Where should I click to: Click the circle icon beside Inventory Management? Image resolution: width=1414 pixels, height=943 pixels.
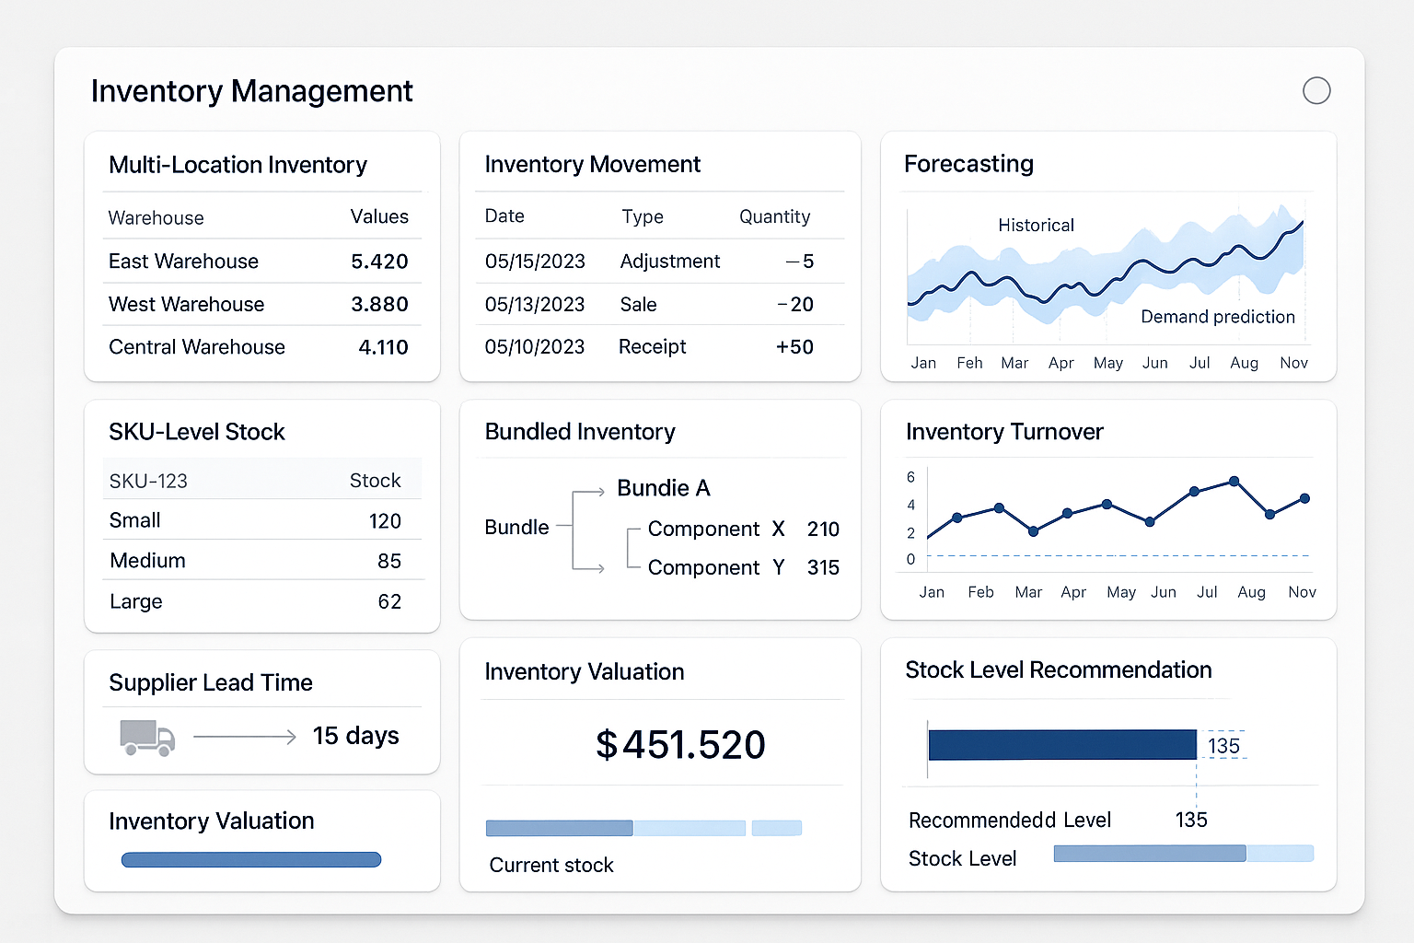(x=1316, y=90)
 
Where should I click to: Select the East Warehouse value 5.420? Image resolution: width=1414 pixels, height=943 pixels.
(x=379, y=262)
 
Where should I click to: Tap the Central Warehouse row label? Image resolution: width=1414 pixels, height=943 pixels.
(x=197, y=347)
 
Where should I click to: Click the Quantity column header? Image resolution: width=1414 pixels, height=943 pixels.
(x=774, y=216)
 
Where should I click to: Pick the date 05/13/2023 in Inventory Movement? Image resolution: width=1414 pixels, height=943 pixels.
(x=535, y=305)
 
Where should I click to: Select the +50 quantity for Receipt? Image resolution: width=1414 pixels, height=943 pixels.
(x=794, y=347)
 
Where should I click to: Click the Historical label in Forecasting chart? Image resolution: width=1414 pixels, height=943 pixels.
(x=1036, y=226)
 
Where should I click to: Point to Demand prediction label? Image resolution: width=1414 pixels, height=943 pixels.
(x=1217, y=317)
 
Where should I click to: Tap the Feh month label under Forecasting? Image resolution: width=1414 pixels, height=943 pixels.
(x=969, y=363)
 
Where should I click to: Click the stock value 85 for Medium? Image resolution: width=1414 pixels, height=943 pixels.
(x=388, y=561)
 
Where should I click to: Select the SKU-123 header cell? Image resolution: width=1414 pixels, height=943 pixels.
(x=148, y=481)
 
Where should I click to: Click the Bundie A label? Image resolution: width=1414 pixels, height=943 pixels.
(x=663, y=488)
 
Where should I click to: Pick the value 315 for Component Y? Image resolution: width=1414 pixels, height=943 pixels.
(x=822, y=568)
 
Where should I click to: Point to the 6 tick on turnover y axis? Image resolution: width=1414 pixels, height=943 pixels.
(x=910, y=477)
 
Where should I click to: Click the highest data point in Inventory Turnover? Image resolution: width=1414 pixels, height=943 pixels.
(x=1234, y=482)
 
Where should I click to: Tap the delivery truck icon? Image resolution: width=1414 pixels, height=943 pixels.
(x=147, y=738)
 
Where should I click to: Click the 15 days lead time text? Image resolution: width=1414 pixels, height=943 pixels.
(x=355, y=736)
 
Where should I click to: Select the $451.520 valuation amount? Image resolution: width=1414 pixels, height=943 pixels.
(x=680, y=745)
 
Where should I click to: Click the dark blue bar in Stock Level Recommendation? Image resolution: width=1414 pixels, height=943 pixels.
(x=1061, y=745)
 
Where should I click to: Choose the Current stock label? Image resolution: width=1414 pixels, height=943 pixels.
(x=551, y=865)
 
